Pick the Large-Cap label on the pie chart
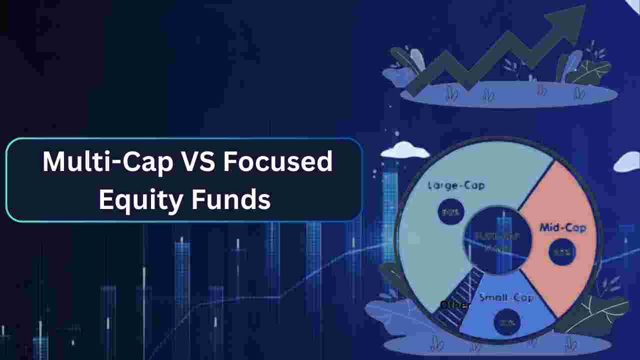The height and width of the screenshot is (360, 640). point(456,186)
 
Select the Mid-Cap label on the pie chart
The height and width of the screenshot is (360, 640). point(562,228)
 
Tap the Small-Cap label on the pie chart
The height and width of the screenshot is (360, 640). point(506,298)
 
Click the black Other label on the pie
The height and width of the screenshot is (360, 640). point(455,305)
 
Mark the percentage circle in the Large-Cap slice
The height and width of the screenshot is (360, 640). point(451,212)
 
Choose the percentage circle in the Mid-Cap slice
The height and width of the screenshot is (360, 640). point(562,252)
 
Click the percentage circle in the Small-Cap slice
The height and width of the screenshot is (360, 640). point(506,322)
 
